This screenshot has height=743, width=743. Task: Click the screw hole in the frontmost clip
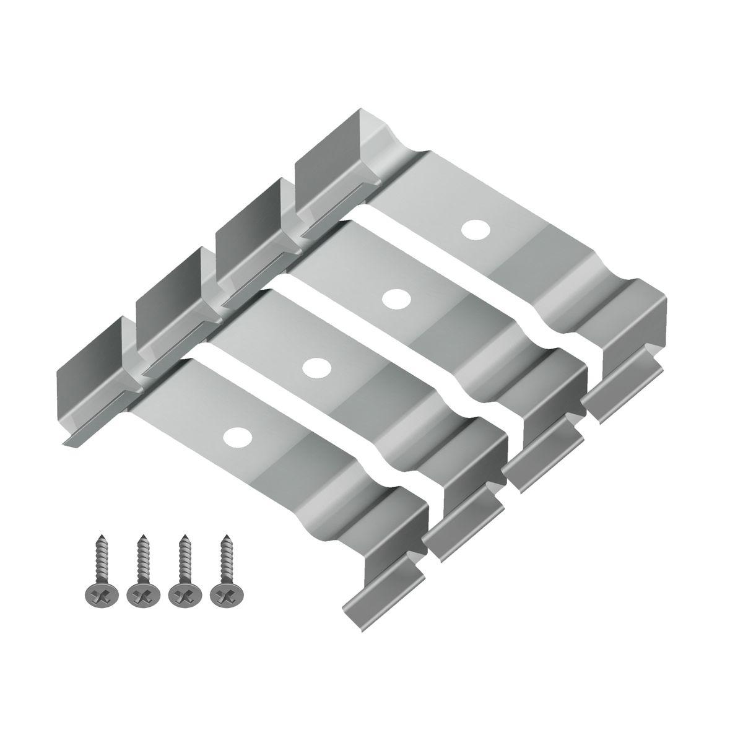(x=237, y=437)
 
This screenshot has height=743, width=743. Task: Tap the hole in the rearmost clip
(x=474, y=230)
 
